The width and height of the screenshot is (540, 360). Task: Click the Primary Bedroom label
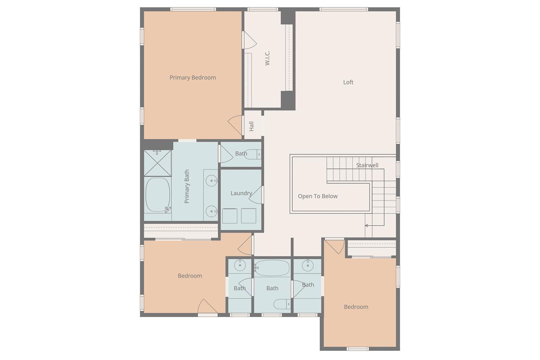point(193,78)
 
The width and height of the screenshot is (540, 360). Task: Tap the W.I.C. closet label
point(267,58)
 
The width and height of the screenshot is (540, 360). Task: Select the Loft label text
point(348,82)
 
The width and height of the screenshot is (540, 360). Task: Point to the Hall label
point(251,126)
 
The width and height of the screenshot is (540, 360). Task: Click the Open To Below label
point(318,196)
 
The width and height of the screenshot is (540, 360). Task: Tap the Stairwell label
point(367,165)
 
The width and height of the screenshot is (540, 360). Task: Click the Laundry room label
point(241,193)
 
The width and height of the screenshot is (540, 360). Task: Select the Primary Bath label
point(187,186)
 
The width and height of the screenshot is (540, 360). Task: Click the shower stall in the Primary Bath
point(157,163)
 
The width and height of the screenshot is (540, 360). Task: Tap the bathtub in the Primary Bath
point(157,195)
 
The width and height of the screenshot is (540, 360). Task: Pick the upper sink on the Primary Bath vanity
point(211,181)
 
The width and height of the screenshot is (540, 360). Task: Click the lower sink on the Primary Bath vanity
point(211,211)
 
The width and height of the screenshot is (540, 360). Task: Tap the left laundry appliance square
point(230,216)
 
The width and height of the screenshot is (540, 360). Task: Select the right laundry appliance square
point(249,216)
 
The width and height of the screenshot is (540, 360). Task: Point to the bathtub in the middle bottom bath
point(272,268)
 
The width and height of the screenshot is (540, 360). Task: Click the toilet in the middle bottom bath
point(282,304)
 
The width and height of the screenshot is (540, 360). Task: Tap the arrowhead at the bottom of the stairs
point(366,226)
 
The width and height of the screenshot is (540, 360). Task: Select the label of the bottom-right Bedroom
point(356,307)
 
